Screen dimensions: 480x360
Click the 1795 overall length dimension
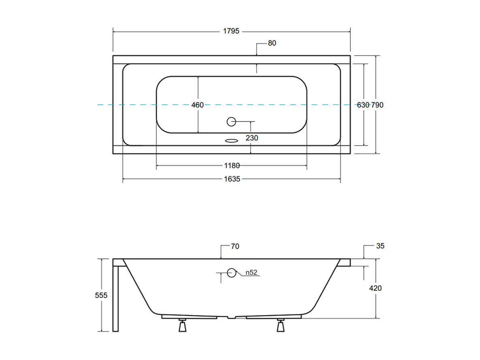coord(231,31)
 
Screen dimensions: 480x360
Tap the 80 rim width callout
coord(272,43)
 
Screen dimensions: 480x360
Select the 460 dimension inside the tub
coord(197,105)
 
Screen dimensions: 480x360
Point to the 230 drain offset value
coord(252,138)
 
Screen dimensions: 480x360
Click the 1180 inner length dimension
coord(232,166)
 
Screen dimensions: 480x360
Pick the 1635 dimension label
coord(232,179)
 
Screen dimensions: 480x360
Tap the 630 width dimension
coord(363,105)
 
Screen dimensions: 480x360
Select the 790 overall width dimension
coord(377,105)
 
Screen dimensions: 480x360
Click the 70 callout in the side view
coord(235,246)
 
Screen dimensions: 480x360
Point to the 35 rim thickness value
coord(380,246)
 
